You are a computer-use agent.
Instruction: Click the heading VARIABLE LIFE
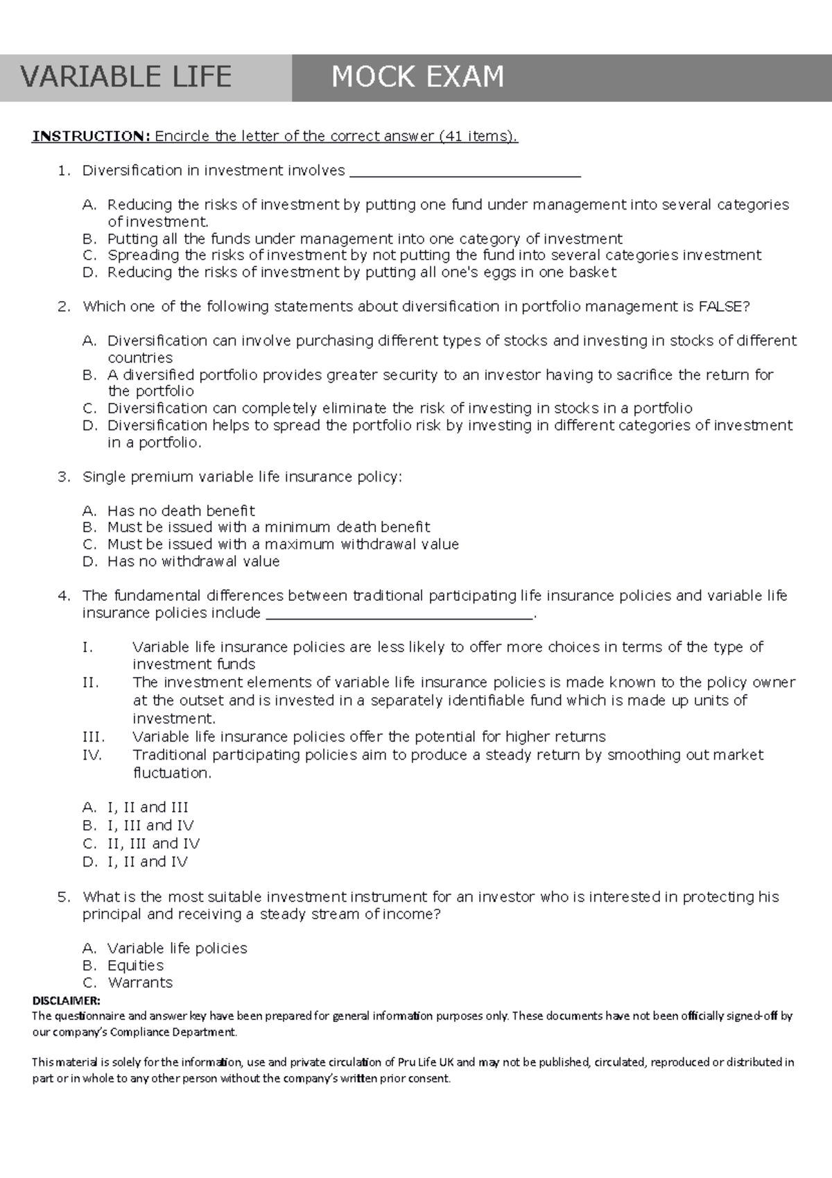[x=126, y=77]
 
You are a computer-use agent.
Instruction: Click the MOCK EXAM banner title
[x=417, y=77]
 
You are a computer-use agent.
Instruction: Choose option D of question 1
[x=361, y=273]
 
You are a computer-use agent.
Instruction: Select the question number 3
[x=64, y=477]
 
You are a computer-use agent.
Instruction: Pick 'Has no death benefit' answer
[x=181, y=511]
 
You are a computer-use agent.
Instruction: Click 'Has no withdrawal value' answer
[x=193, y=562]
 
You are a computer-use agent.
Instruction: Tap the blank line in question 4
[x=400, y=615]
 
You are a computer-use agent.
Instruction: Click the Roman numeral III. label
[x=94, y=737]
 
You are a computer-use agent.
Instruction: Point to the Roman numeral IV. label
[x=92, y=755]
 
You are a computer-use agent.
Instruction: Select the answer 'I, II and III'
[x=148, y=808]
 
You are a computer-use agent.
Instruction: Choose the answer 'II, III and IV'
[x=153, y=844]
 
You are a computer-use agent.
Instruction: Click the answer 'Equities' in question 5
[x=135, y=966]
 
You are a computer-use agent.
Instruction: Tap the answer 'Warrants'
[x=140, y=983]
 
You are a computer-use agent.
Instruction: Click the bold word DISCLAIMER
[x=66, y=1000]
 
